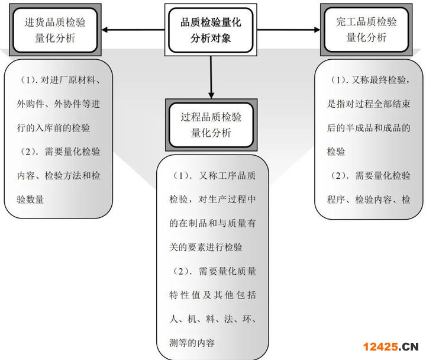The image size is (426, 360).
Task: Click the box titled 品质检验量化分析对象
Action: [211, 30]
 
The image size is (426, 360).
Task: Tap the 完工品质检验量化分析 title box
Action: [366, 30]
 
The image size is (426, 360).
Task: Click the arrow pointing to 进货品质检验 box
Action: [133, 30]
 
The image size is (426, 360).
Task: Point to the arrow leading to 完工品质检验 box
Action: [290, 30]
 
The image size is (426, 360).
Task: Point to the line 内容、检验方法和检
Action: [59, 175]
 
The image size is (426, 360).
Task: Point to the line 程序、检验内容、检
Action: [369, 200]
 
